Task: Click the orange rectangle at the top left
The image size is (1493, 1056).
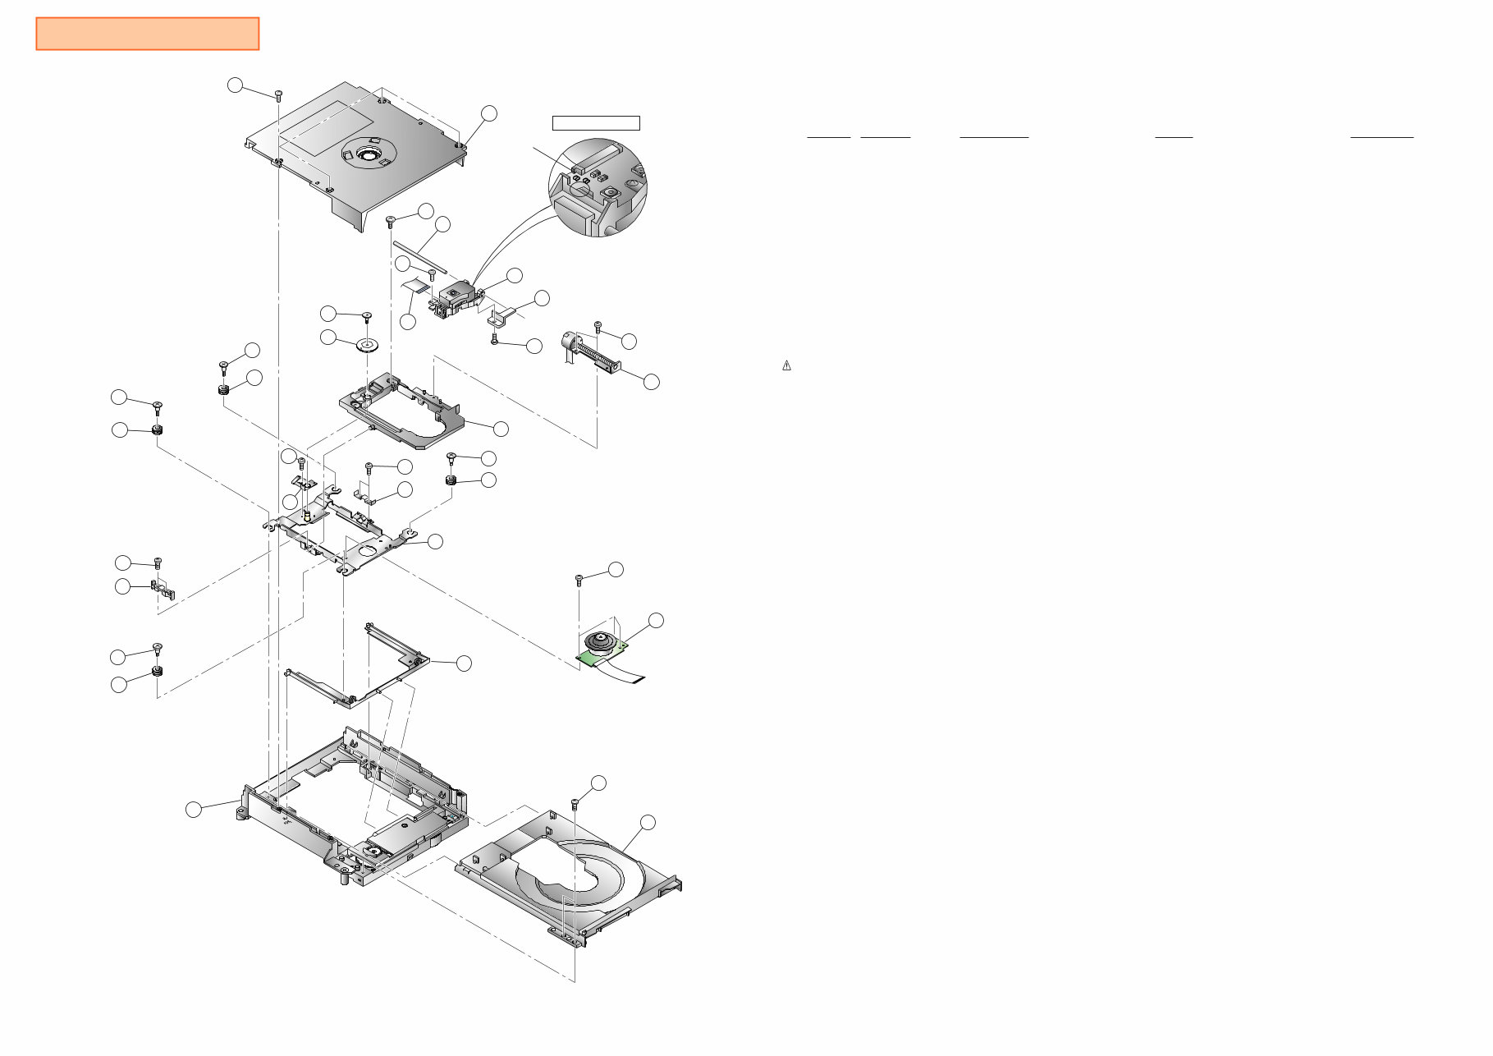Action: (x=148, y=34)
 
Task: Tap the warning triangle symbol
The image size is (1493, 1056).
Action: (x=786, y=366)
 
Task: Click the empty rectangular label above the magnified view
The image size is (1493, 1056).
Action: (x=595, y=123)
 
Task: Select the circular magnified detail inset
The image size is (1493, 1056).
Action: (x=598, y=187)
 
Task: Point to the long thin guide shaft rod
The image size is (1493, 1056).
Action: (x=419, y=255)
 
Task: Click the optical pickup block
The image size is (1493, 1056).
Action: (x=456, y=297)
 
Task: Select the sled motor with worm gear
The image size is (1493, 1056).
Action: (x=589, y=353)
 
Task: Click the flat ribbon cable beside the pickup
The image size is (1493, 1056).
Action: (x=417, y=286)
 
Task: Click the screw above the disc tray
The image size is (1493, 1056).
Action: (x=575, y=802)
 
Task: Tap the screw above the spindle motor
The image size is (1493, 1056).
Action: (x=579, y=580)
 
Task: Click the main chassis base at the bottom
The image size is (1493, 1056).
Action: (x=353, y=813)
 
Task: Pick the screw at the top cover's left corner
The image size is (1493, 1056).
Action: (x=278, y=94)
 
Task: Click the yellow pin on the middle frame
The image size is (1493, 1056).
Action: (x=307, y=517)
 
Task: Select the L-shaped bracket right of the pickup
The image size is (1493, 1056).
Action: (x=501, y=314)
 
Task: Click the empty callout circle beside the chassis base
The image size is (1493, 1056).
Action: (x=193, y=810)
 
